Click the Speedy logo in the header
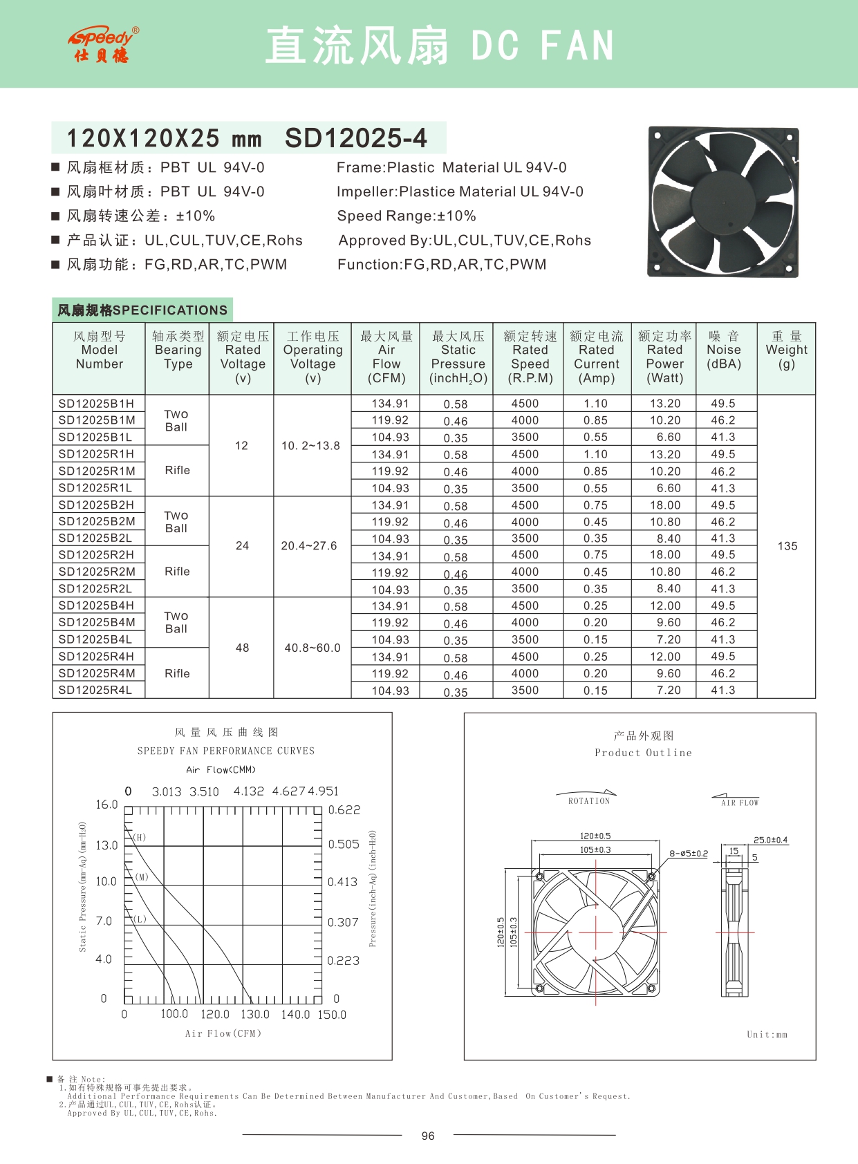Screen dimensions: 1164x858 (x=103, y=45)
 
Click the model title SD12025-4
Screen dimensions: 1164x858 (x=355, y=138)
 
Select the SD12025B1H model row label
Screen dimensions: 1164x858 (x=97, y=404)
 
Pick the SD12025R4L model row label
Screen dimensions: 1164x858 (x=95, y=690)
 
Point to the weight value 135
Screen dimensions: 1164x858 (x=787, y=546)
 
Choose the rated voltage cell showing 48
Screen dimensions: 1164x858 (x=242, y=648)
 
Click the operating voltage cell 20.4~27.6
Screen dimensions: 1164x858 (x=309, y=546)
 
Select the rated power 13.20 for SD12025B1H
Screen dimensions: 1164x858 (x=665, y=404)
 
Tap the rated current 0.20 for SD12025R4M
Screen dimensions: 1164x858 (x=595, y=673)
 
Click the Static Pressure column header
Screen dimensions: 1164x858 (x=458, y=357)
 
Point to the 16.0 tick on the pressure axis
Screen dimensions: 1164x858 (x=106, y=805)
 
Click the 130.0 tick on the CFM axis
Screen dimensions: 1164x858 (x=254, y=1014)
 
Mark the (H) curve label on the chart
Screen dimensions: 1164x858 (x=140, y=837)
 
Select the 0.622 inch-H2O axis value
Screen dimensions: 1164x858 (x=344, y=810)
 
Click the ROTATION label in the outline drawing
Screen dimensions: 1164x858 (x=589, y=801)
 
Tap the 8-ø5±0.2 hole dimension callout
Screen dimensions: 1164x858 (x=689, y=854)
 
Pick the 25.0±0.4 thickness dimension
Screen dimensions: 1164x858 (x=770, y=840)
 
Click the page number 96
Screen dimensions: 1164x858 (x=428, y=1136)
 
